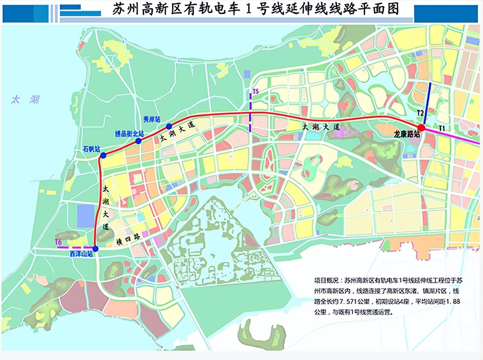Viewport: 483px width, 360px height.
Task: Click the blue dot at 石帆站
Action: (103, 155)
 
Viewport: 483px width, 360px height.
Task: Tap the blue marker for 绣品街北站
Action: (138, 141)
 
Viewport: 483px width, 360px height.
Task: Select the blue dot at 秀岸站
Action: (169, 126)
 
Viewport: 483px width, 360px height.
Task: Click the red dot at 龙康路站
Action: (421, 127)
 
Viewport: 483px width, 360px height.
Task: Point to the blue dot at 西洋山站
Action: (95, 249)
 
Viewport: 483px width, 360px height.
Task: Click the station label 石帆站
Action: (91, 149)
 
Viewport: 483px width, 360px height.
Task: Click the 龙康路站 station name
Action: (406, 134)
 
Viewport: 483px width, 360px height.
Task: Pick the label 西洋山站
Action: (81, 254)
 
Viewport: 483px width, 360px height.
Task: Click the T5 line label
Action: (255, 92)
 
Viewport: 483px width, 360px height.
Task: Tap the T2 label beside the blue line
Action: (420, 113)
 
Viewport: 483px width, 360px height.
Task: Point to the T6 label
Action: (59, 242)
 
